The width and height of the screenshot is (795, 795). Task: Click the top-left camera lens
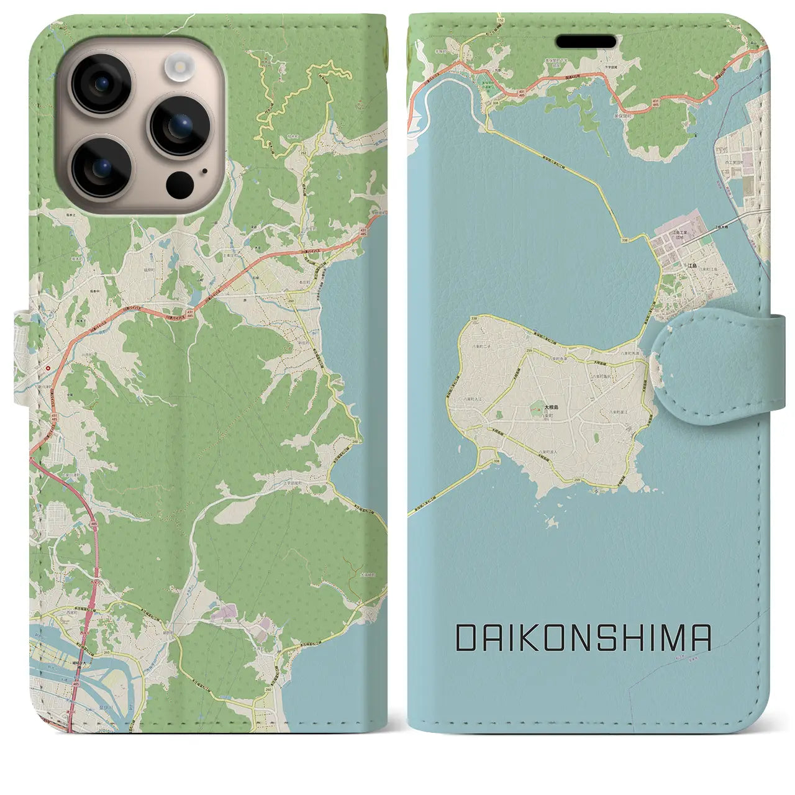[101, 84]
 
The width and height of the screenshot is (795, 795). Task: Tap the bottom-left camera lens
[101, 166]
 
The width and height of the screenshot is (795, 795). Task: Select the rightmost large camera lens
[179, 125]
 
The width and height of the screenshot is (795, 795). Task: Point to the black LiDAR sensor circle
[180, 184]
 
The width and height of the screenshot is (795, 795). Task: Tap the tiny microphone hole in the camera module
[204, 171]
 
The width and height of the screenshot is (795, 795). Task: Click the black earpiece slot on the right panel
[586, 42]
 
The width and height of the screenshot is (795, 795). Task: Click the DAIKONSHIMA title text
[583, 638]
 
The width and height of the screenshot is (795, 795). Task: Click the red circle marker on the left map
[48, 368]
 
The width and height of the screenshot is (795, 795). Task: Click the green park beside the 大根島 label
[535, 408]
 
